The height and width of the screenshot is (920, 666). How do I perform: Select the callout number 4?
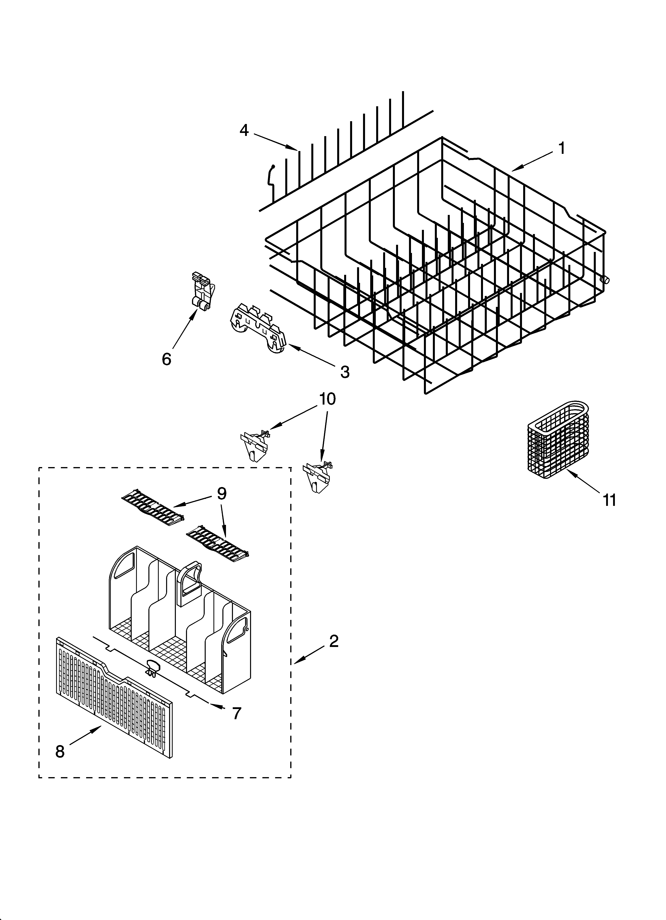[244, 130]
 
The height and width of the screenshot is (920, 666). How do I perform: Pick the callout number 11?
[609, 500]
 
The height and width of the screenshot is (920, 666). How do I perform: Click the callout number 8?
[60, 752]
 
